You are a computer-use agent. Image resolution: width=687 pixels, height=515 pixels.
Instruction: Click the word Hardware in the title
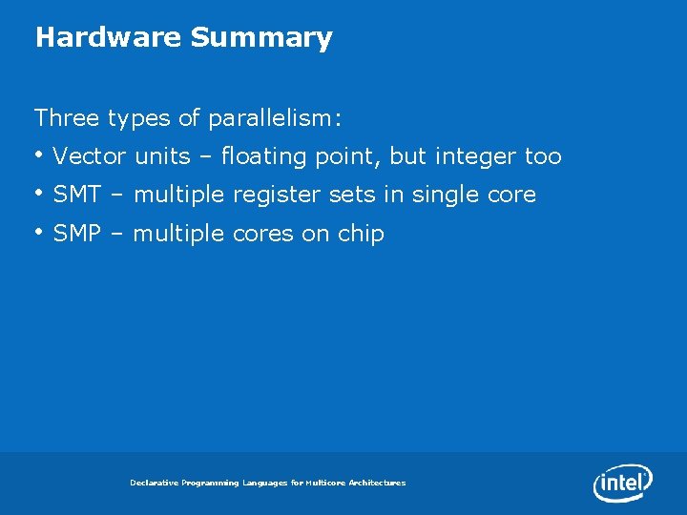pos(108,37)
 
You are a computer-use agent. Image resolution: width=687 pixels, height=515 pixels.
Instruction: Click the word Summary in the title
pos(260,38)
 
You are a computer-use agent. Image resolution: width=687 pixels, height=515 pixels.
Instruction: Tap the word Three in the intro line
pos(68,118)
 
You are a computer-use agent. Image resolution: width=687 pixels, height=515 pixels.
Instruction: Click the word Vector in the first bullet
pos(90,156)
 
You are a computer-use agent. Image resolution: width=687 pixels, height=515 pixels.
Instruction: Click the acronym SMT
pos(78,195)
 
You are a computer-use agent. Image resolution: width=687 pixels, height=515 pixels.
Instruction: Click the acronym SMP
pos(78,234)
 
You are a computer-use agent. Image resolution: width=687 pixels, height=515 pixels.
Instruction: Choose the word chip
pos(361,235)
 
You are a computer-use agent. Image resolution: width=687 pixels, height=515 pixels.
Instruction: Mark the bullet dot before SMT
pos(39,193)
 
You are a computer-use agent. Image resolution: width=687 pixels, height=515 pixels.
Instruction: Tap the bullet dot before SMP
pos(39,231)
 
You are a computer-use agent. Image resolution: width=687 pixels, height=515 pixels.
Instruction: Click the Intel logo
pos(623,483)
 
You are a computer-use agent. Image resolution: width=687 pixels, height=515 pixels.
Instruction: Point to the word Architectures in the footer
pos(376,484)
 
